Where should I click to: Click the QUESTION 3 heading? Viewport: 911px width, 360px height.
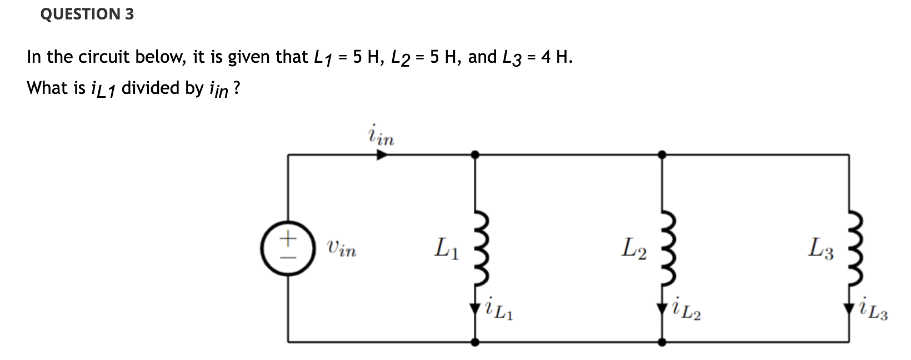(x=87, y=14)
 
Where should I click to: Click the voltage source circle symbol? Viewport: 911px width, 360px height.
(x=287, y=248)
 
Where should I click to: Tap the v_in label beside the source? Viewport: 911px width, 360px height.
(x=341, y=249)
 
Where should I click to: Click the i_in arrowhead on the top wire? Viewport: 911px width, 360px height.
(x=382, y=155)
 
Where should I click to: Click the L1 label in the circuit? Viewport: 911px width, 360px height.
(x=447, y=248)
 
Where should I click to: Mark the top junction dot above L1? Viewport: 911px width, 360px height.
(x=474, y=155)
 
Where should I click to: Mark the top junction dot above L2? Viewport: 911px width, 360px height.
(x=662, y=155)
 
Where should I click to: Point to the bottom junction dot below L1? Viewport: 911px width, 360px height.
(x=474, y=342)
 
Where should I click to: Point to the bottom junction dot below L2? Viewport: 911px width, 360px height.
(x=662, y=342)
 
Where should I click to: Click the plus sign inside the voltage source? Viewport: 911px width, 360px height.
(x=287, y=239)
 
